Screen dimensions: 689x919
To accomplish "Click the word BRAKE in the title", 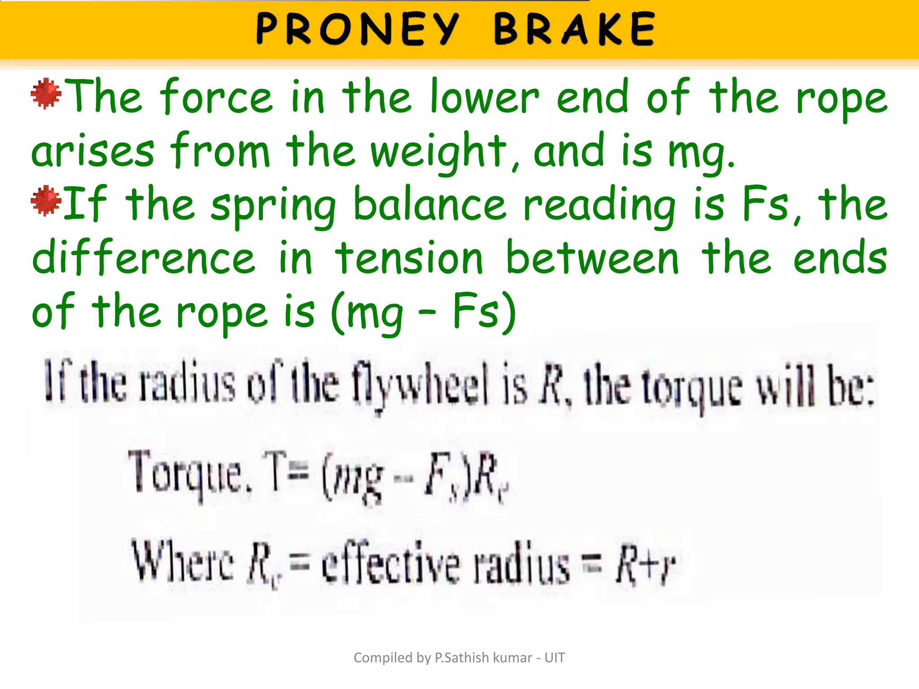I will (x=575, y=29).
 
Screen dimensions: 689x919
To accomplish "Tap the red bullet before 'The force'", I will (x=46, y=93).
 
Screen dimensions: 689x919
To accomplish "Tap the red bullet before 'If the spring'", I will (x=46, y=201).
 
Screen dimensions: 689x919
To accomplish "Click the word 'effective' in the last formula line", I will (x=390, y=563).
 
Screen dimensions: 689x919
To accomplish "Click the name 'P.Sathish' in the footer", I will (x=462, y=658).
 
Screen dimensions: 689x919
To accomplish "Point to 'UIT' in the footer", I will (x=555, y=658).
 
